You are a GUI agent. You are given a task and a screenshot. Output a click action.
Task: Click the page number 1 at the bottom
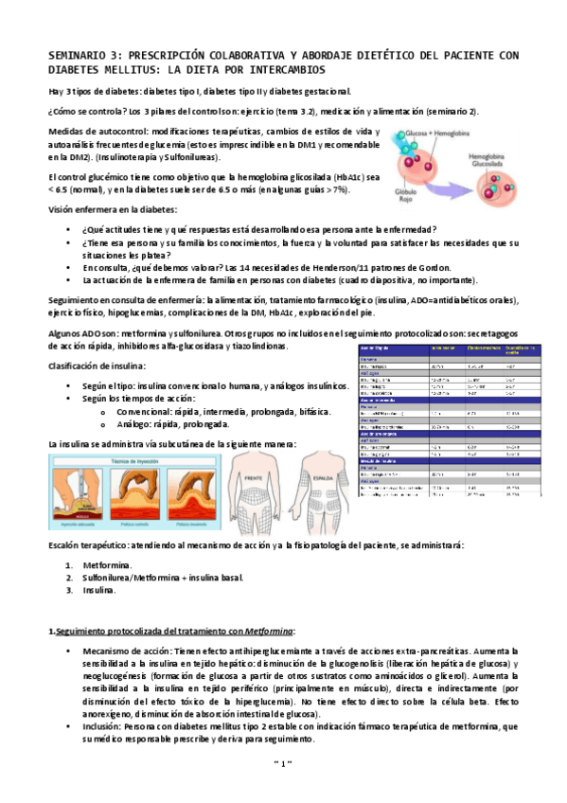pyautogui.click(x=283, y=763)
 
